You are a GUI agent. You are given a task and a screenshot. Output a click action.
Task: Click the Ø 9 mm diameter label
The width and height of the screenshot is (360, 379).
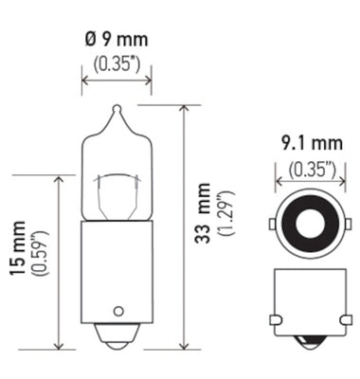point(115,43)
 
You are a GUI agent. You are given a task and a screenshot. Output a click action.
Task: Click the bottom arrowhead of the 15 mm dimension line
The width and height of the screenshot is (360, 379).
point(59,345)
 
